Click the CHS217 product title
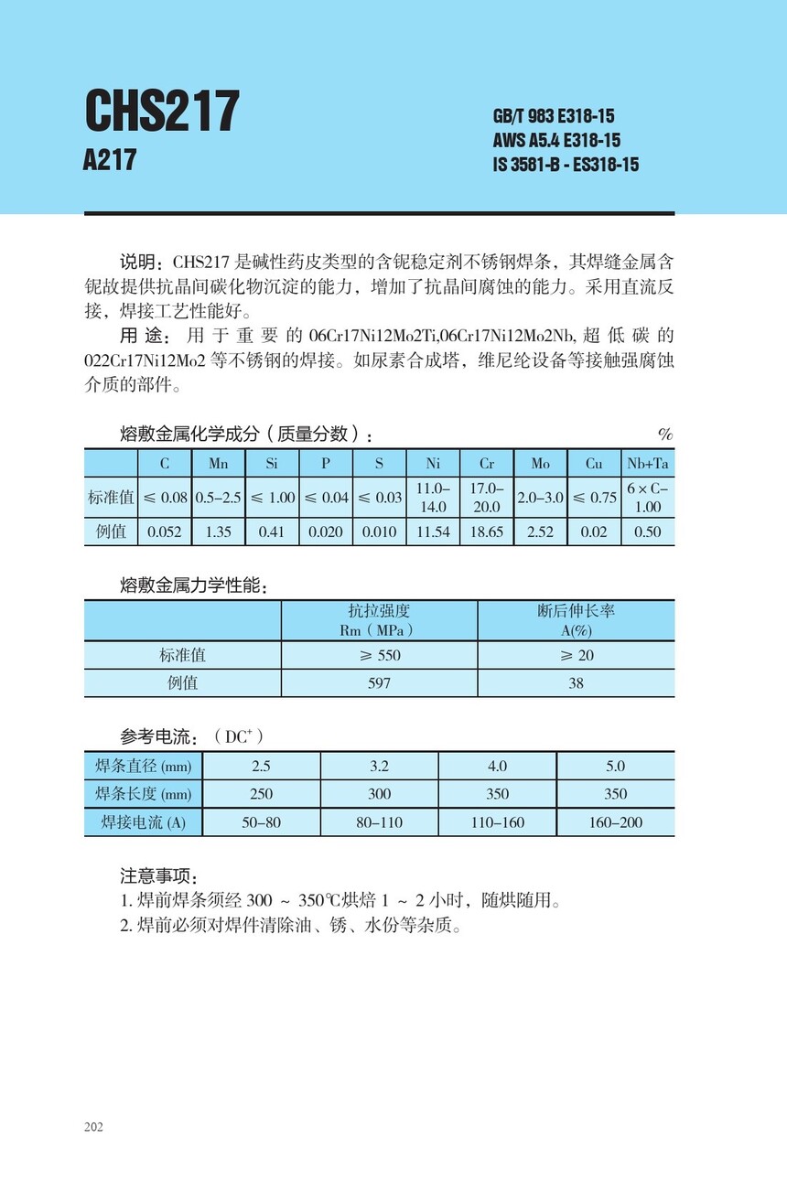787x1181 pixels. [162, 113]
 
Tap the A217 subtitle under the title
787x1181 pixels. [109, 160]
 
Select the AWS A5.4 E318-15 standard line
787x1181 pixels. [556, 140]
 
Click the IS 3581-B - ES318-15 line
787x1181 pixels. [566, 165]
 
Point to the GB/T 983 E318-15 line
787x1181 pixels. [554, 116]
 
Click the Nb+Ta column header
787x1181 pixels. [647, 464]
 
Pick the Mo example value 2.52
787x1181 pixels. [540, 531]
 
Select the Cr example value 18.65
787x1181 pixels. [486, 531]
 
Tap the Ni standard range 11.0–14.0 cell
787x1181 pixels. [433, 497]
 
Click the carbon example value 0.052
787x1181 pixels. [165, 531]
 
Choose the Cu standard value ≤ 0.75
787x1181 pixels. [594, 497]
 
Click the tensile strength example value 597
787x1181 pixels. [379, 683]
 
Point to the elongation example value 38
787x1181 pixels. [576, 683]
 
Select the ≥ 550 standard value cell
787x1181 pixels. [379, 655]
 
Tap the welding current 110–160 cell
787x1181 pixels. [498, 822]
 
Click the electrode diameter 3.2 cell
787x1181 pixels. [379, 766]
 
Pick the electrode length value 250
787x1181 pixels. [262, 794]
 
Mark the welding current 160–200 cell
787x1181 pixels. [616, 822]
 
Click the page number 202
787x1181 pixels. [93, 1126]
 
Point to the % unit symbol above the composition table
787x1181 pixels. [665, 435]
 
